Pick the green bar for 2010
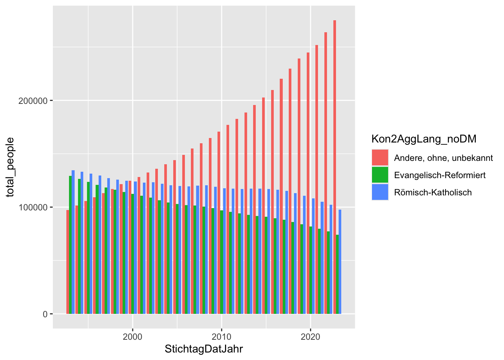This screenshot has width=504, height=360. [222, 262]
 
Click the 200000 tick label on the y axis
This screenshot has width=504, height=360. [33, 101]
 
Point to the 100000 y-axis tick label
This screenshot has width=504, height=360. [33, 207]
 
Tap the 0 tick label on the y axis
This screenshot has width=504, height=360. [45, 314]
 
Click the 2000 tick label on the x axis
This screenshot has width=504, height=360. [132, 337]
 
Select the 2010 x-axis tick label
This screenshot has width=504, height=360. [222, 337]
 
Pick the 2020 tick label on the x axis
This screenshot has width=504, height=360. [310, 337]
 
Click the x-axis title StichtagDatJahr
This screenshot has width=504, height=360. [204, 349]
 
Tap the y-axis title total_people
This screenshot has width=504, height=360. [10, 167]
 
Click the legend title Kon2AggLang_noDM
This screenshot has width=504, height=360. [424, 139]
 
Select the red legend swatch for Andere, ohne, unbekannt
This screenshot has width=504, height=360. [380, 158]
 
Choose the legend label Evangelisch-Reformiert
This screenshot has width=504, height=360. [440, 175]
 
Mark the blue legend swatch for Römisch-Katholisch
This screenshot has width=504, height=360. [380, 192]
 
